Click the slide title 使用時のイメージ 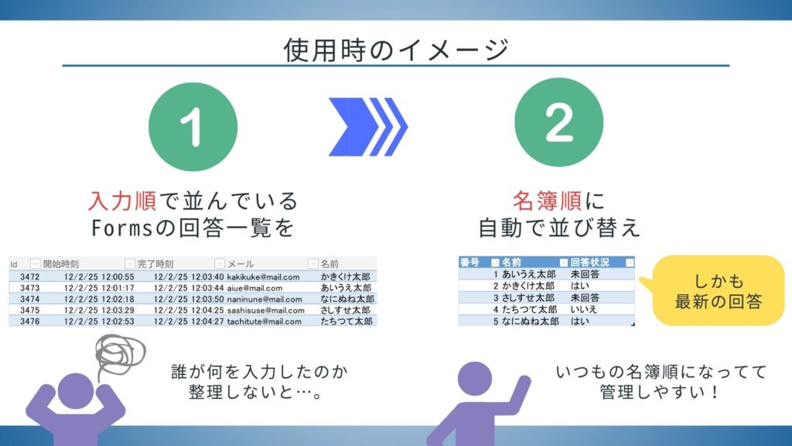pyautogui.click(x=395, y=49)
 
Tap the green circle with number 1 pyautogui.click(x=193, y=126)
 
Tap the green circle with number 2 pyautogui.click(x=558, y=126)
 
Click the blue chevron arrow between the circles pyautogui.click(x=369, y=126)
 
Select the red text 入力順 pyautogui.click(x=122, y=201)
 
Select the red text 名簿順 pyautogui.click(x=550, y=201)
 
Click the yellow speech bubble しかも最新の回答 pyautogui.click(x=718, y=290)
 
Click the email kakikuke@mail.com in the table pyautogui.click(x=264, y=276)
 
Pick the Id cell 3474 pyautogui.click(x=29, y=299)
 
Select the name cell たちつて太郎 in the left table pyautogui.click(x=346, y=321)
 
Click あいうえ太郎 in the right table pyautogui.click(x=528, y=274)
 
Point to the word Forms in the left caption pyautogui.click(x=118, y=228)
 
